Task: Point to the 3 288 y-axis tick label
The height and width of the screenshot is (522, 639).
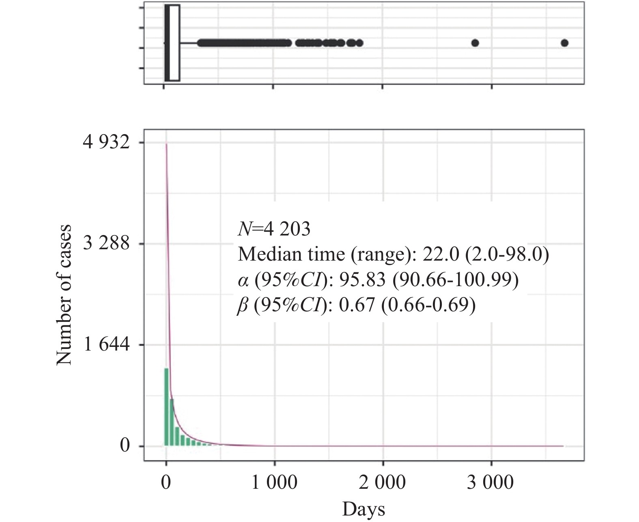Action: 106,244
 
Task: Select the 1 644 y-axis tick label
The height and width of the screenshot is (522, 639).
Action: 106,345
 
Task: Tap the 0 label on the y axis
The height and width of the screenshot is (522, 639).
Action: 125,446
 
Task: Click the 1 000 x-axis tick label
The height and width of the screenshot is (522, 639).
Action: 275,483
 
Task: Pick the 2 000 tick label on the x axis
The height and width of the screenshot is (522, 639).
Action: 383,483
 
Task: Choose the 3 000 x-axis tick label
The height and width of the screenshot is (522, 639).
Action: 491,483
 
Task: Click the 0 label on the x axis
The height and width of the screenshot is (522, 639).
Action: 166,483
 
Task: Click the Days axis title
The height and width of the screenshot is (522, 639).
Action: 364,509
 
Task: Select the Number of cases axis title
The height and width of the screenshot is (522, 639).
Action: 64,295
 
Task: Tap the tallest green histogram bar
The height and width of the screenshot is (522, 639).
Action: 166,407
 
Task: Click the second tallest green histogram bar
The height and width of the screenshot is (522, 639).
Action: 172,422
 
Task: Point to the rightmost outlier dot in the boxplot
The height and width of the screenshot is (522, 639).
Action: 564,43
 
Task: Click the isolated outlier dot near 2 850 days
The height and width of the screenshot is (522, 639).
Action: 475,43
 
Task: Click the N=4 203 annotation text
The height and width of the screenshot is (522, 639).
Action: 274,229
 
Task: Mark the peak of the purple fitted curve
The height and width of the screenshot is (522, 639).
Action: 166,144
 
